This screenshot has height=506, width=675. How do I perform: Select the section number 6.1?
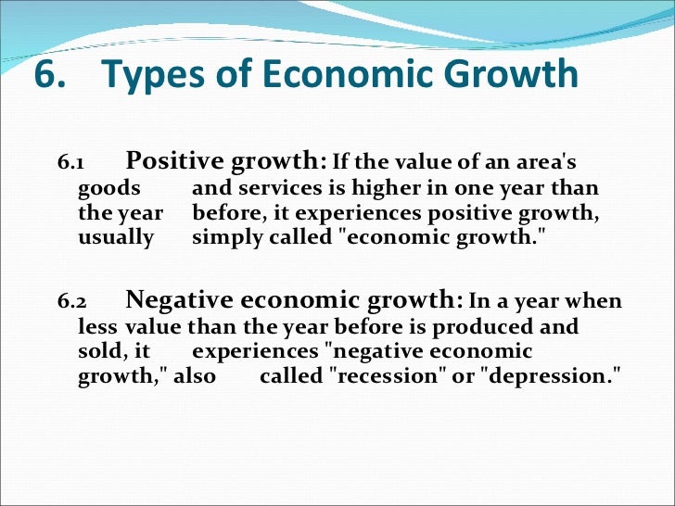(x=70, y=165)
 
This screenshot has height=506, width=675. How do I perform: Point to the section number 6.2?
(x=70, y=303)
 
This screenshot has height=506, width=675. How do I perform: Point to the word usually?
(x=115, y=237)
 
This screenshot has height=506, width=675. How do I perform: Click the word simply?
(x=227, y=237)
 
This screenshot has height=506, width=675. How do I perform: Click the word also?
(x=195, y=376)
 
